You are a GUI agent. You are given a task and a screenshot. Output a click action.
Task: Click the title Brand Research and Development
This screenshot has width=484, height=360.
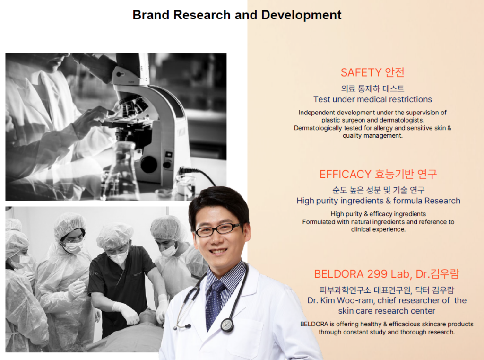click(237, 15)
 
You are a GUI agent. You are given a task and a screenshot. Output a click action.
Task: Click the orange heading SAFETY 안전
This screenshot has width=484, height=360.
click(372, 72)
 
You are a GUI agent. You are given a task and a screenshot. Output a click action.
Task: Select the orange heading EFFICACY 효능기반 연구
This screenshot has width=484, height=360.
click(378, 174)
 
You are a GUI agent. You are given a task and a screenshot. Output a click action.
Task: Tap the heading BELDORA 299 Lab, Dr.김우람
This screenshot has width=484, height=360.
click(387, 274)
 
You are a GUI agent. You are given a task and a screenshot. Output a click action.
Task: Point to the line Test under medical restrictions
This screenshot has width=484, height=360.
click(372, 99)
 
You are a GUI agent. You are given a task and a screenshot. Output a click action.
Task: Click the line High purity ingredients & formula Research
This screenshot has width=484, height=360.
click(379, 201)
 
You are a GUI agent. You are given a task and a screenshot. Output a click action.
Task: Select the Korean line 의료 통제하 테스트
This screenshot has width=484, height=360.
click(372, 88)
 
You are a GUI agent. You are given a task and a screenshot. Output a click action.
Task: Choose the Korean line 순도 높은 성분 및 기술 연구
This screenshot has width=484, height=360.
click(379, 190)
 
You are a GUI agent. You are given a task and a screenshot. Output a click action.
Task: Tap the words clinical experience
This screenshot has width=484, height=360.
click(378, 229)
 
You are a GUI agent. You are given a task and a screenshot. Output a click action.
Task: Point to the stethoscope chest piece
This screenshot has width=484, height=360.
click(227, 325)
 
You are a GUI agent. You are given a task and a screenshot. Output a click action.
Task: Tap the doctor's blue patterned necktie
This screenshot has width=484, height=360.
click(216, 303)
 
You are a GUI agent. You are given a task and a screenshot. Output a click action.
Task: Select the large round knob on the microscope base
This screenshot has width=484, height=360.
click(149, 164)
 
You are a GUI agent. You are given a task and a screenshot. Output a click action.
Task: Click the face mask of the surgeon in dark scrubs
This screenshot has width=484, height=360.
click(118, 257)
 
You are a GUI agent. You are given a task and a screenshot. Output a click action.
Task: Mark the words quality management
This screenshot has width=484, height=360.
click(372, 135)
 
